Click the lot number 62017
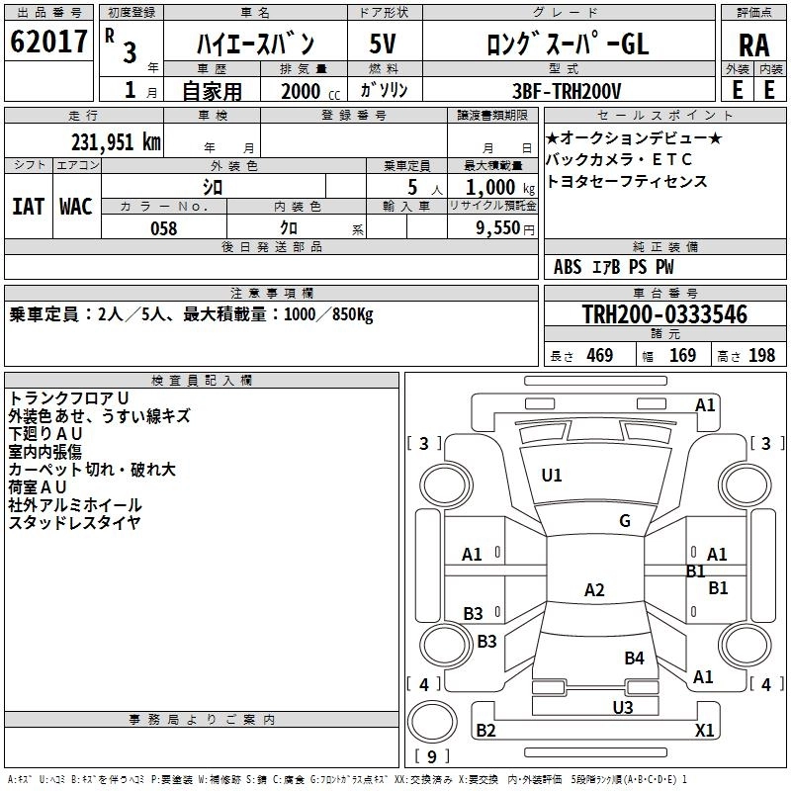click(47, 43)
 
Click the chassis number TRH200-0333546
click(664, 314)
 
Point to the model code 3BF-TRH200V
click(567, 91)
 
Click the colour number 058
click(164, 227)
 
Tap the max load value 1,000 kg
click(491, 187)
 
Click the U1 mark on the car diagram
click(551, 476)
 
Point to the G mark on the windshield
click(625, 521)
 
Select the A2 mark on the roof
click(594, 590)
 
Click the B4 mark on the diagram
click(634, 658)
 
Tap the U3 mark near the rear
click(623, 707)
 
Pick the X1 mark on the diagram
click(705, 731)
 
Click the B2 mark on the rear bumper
click(485, 731)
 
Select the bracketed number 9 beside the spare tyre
click(431, 756)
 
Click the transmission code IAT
click(28, 207)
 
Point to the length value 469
click(599, 356)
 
